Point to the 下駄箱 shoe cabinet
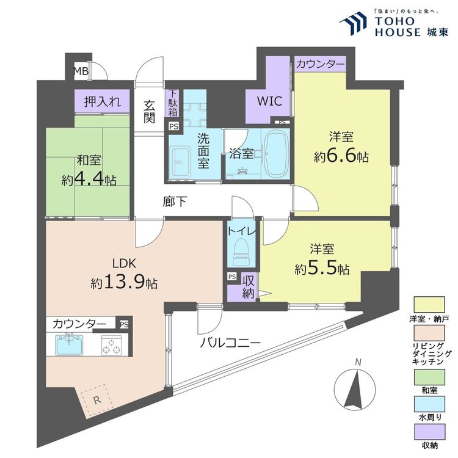(x=173, y=103)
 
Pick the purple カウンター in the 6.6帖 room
(x=320, y=64)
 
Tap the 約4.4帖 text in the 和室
(x=89, y=180)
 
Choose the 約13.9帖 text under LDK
(x=124, y=283)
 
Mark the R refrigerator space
(x=96, y=399)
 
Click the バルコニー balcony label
(x=231, y=343)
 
